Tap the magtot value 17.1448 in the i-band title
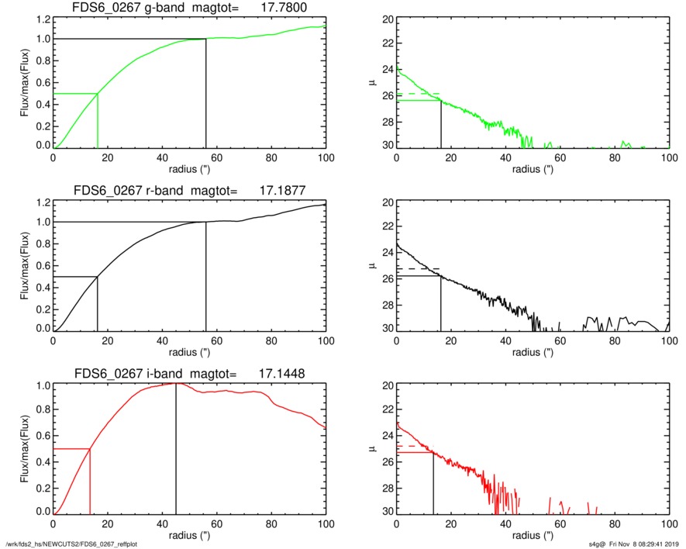[x=281, y=374]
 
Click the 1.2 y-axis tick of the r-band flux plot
[x=41, y=202]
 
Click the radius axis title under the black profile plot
[x=532, y=352]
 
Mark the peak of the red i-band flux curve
[x=176, y=383]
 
